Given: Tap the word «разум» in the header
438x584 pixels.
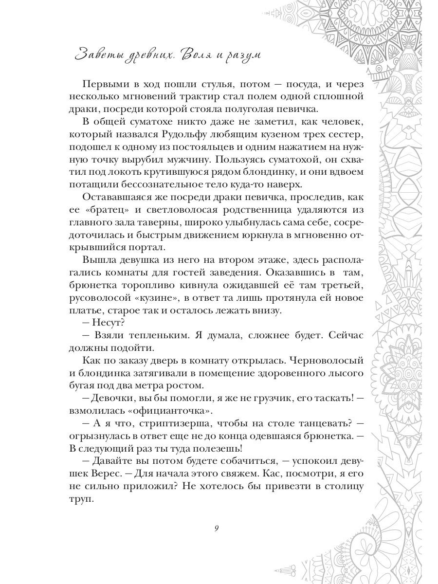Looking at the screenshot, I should click(x=242, y=55).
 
